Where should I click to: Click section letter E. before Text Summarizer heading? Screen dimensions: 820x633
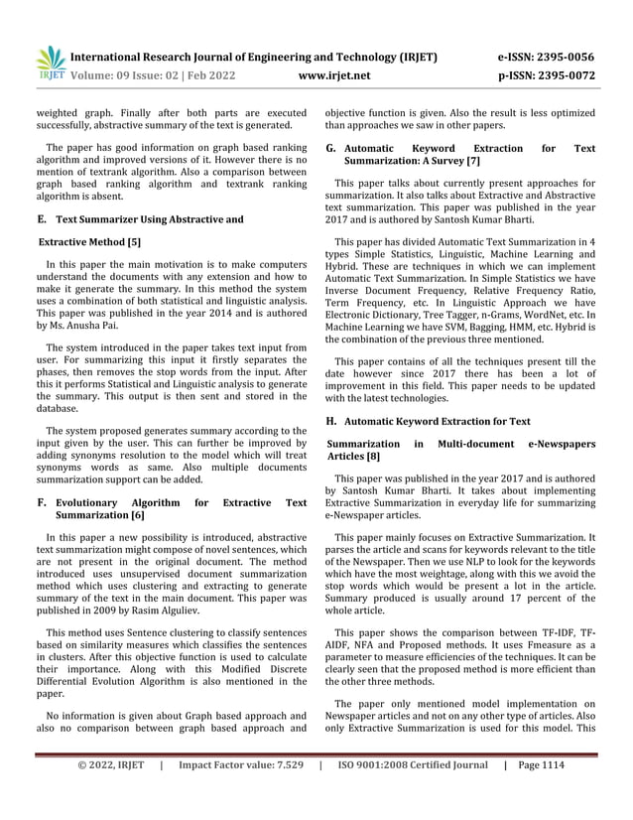point(41,218)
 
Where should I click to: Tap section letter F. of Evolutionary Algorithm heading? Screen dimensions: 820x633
point(42,503)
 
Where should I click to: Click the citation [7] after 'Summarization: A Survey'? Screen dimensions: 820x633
point(473,160)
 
